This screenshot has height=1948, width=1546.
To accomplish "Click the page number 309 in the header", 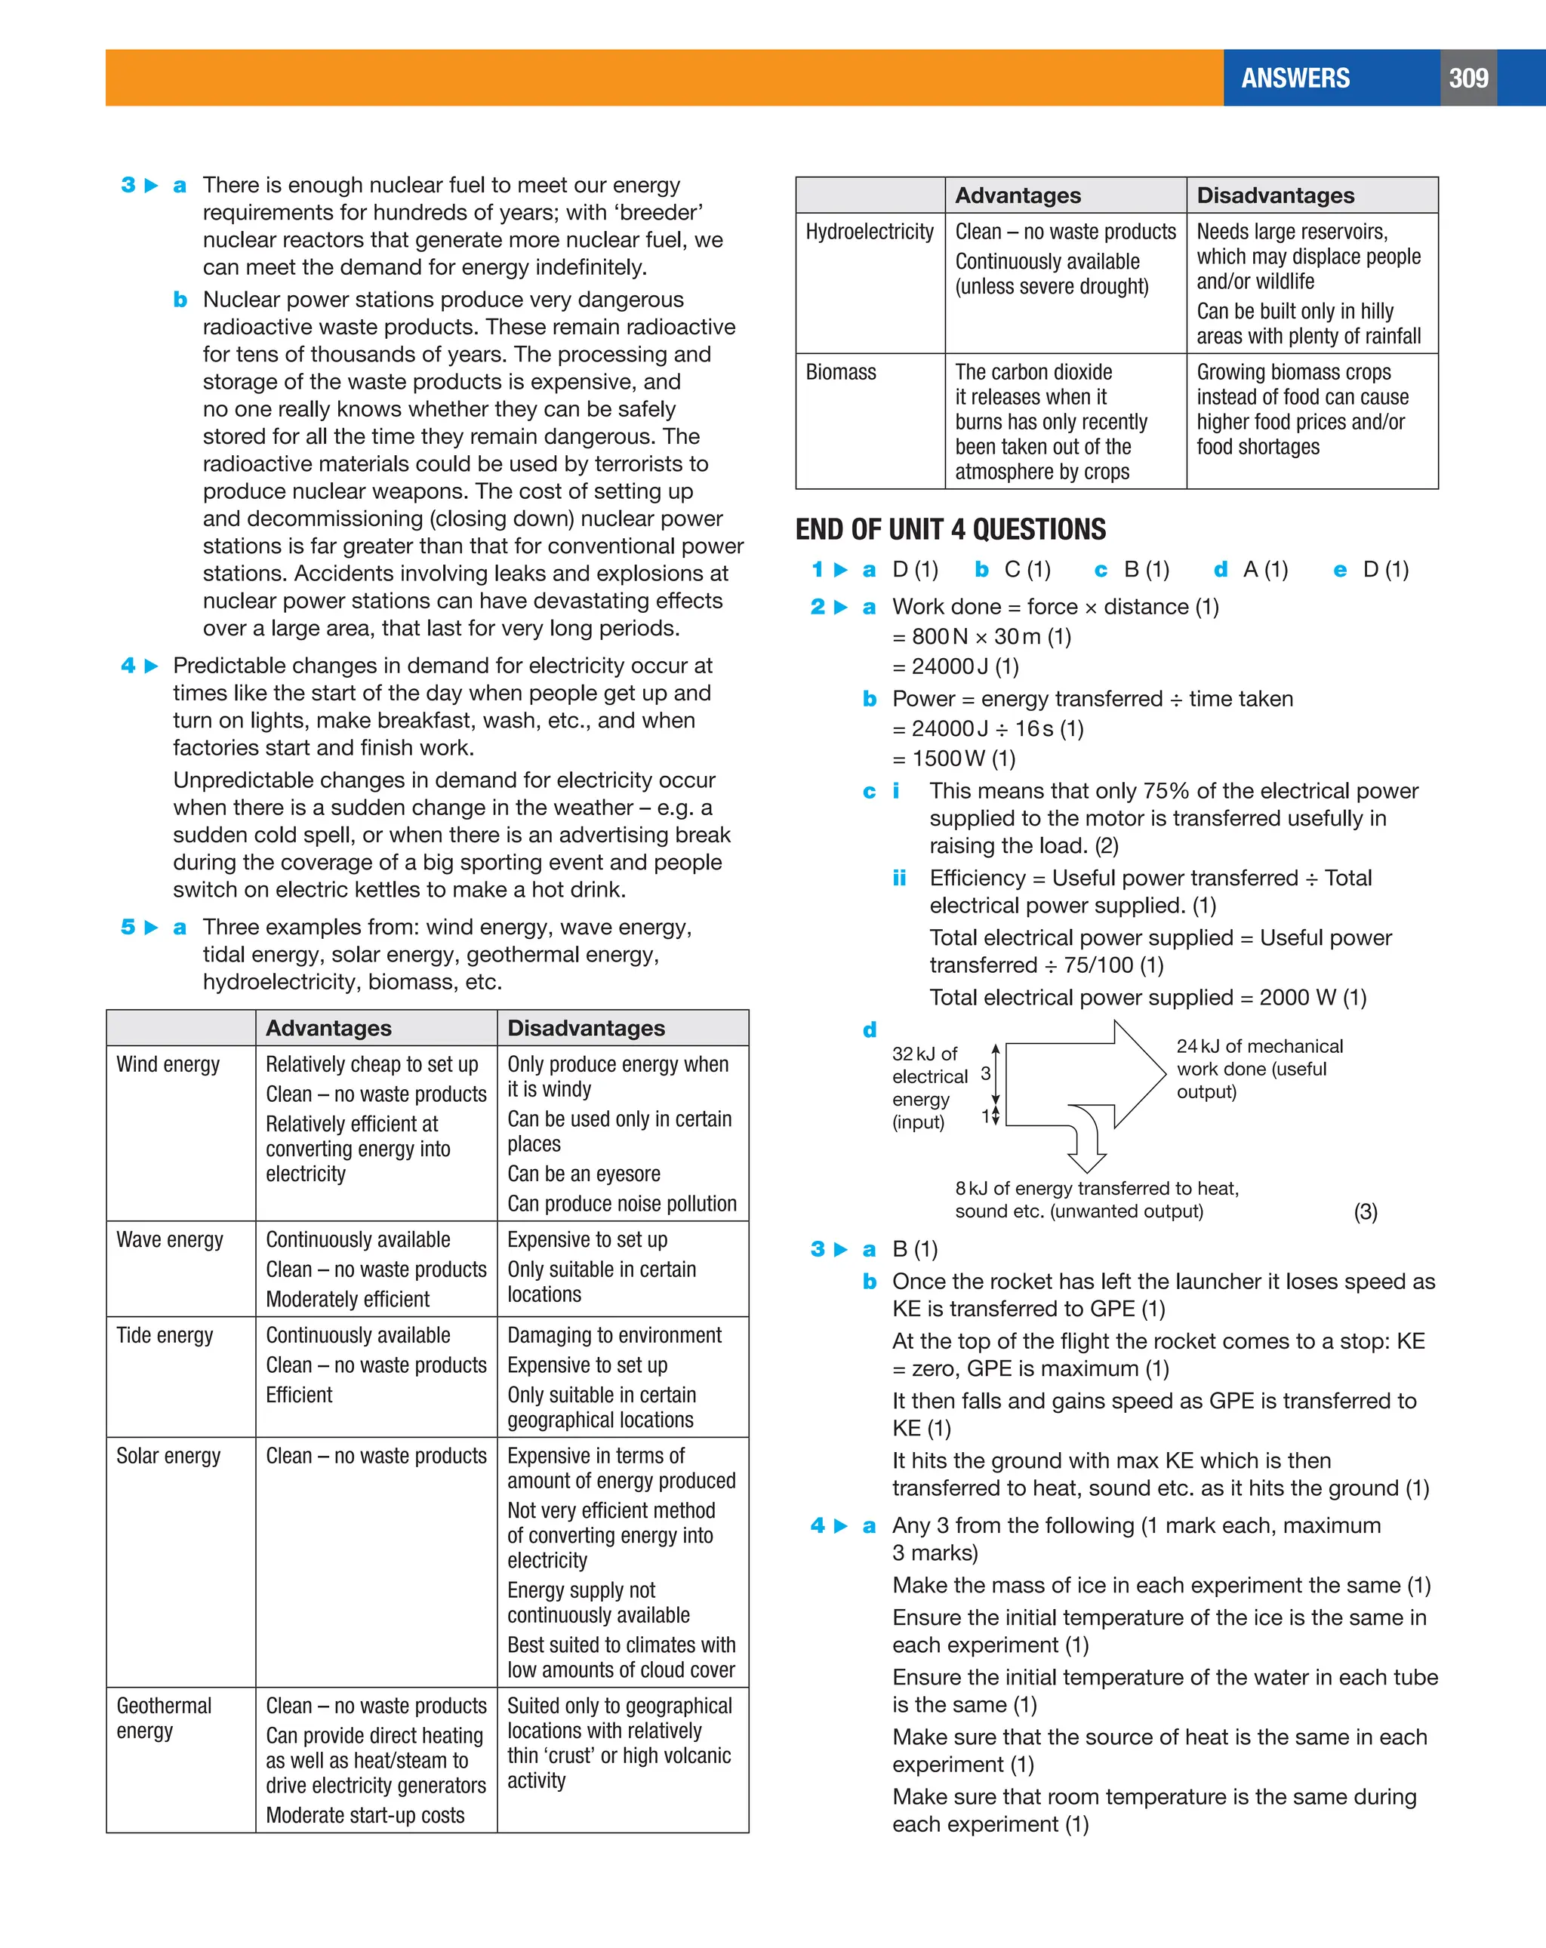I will [x=1467, y=78].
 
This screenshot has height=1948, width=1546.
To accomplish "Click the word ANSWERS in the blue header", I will [x=1295, y=78].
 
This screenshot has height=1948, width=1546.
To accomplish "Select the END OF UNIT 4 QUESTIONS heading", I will [x=950, y=530].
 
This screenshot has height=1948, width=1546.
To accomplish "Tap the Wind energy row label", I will [x=168, y=1064].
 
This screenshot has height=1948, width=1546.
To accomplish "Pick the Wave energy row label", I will [x=169, y=1239].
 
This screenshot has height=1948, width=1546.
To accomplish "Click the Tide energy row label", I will [x=165, y=1335].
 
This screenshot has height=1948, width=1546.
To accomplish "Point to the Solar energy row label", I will [x=168, y=1456].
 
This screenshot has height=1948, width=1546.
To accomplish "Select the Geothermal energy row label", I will [x=164, y=1718].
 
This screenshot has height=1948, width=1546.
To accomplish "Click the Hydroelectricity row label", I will [x=869, y=232].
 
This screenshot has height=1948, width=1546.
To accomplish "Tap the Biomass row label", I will [x=840, y=372].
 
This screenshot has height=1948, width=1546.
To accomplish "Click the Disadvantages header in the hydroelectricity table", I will [x=1275, y=196].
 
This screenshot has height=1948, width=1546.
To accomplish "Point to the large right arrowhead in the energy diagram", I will [x=1141, y=1073].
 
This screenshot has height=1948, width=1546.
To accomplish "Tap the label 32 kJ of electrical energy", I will [x=928, y=1088].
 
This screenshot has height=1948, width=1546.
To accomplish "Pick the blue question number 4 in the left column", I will [x=128, y=666].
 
